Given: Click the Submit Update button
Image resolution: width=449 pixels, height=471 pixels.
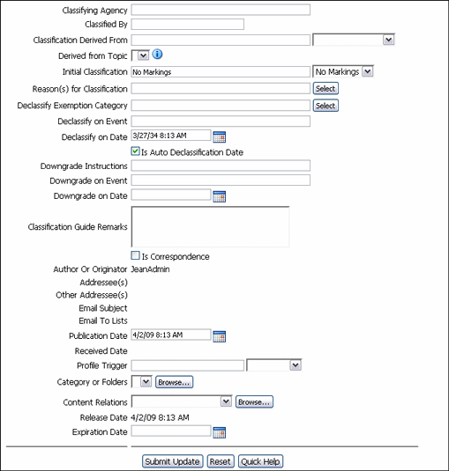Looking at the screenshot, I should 173,461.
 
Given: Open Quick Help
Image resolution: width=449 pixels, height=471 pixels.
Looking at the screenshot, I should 261,461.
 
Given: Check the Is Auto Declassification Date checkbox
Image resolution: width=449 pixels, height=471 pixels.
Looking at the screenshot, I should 136,152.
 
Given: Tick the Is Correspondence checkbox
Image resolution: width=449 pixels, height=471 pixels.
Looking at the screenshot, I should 136,256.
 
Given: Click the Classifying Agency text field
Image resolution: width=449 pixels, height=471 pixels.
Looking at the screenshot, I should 221,10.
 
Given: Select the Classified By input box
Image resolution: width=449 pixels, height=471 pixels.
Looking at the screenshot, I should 187,24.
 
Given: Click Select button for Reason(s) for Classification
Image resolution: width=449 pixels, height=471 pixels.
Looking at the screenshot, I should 326,89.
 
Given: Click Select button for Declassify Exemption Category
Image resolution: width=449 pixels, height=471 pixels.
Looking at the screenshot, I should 326,106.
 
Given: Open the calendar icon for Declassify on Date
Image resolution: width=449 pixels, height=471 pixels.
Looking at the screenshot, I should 221,136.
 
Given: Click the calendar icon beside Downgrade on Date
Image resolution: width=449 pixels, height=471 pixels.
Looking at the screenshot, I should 221,196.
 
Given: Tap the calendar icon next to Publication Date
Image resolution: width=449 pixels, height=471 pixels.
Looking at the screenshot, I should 221,335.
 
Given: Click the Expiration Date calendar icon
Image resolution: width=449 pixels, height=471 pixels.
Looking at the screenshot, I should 221,432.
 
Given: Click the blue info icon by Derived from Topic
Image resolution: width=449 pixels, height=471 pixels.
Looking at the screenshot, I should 158,55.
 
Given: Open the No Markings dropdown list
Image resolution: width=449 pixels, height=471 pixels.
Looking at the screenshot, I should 344,71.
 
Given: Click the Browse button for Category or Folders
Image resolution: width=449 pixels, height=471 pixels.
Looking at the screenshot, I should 174,382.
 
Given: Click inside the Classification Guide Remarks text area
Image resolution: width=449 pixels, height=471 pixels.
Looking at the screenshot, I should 210,226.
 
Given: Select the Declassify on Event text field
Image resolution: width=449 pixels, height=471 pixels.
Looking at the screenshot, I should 221,121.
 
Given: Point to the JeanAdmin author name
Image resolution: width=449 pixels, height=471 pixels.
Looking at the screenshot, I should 151,269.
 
